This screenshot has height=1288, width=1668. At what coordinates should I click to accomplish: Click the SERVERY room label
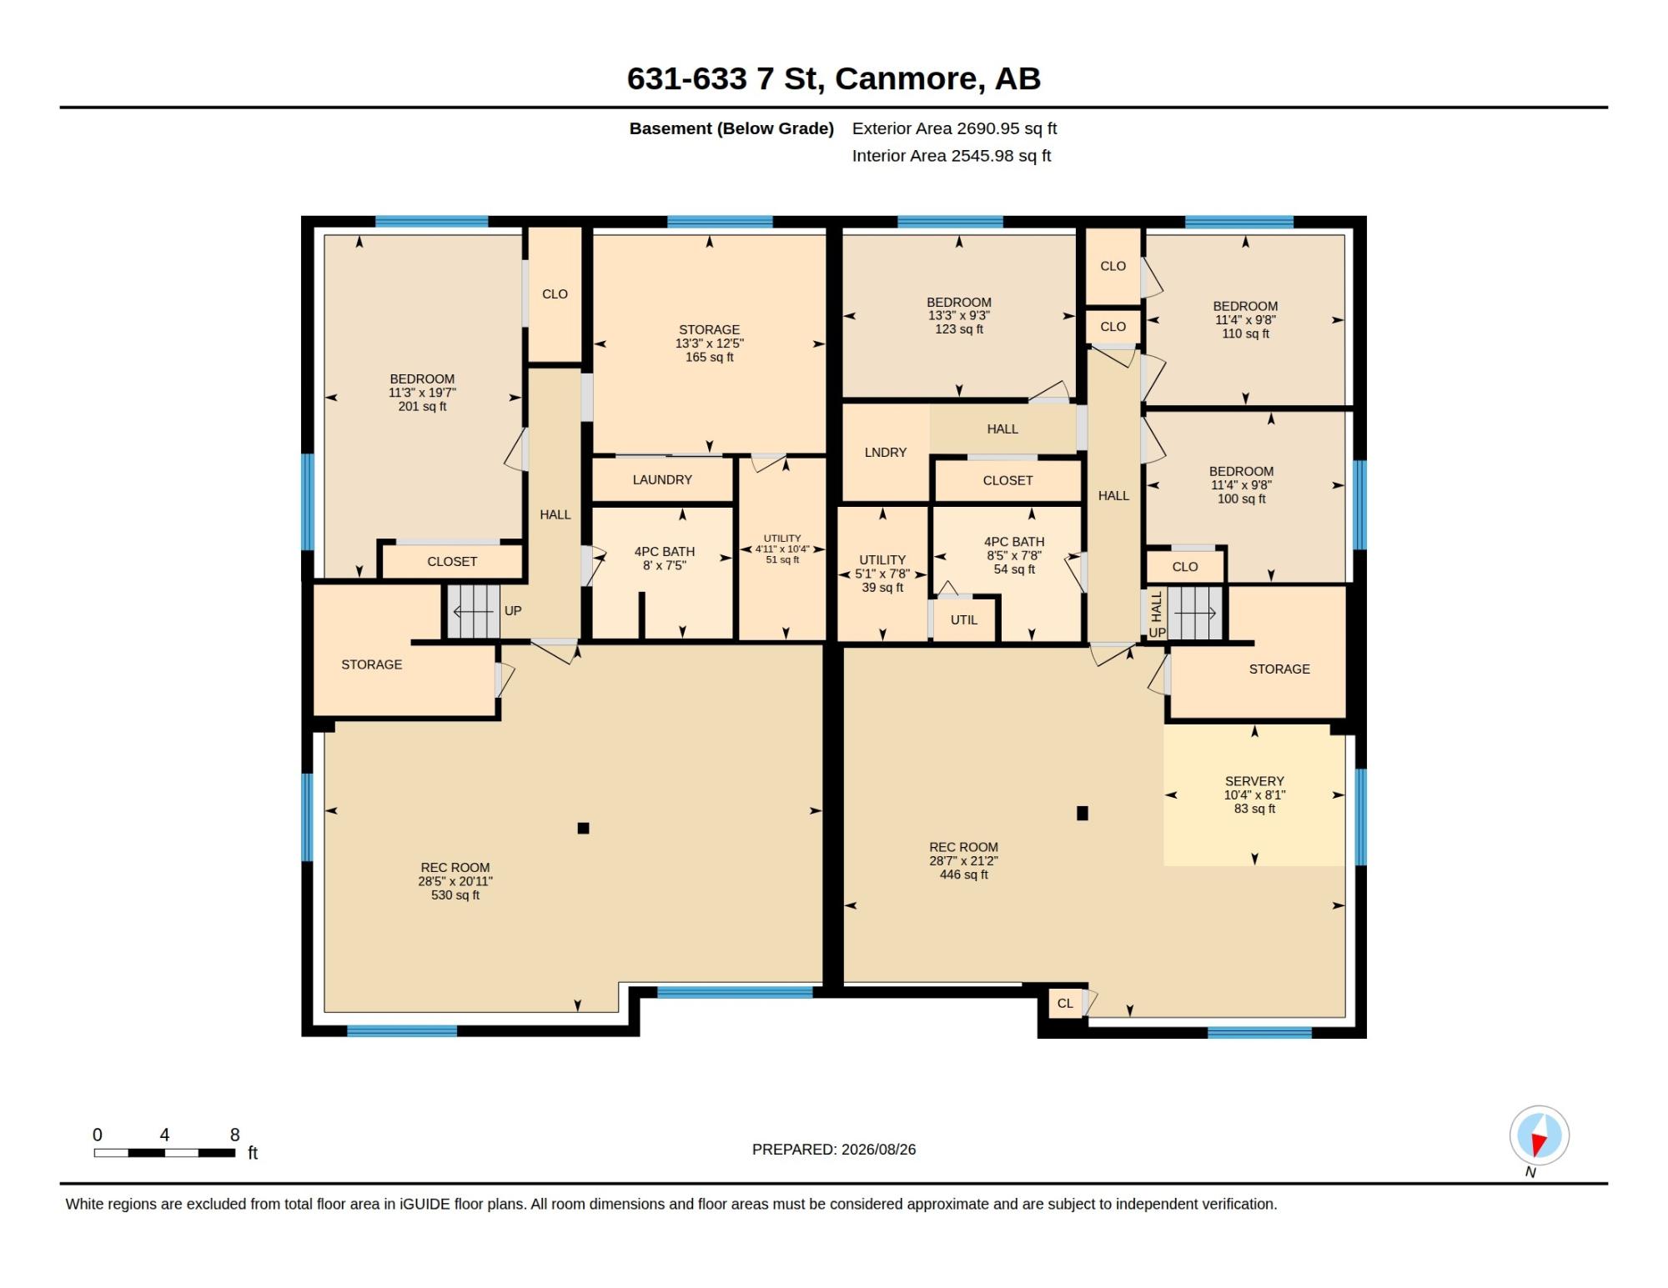(1254, 794)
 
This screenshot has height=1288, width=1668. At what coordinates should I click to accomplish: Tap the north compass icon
(1539, 1135)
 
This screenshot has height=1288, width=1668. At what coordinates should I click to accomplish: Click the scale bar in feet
(164, 1153)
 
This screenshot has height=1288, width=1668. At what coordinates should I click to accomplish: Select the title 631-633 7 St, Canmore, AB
(834, 78)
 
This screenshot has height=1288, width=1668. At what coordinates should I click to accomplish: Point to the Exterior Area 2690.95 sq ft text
(954, 128)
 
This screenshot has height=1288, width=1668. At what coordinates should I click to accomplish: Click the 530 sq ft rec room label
(455, 881)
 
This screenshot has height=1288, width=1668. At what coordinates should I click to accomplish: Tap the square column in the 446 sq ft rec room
(1083, 813)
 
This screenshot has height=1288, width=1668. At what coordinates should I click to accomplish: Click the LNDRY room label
(885, 453)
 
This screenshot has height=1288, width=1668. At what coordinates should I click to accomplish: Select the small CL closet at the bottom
(1065, 1003)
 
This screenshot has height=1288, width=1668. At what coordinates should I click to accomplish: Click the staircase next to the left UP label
(473, 612)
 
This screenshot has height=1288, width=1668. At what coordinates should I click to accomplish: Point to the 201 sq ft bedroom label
(422, 393)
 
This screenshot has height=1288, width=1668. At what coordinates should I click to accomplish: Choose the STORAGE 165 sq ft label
(709, 343)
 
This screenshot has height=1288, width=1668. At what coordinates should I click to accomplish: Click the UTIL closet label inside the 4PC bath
(963, 620)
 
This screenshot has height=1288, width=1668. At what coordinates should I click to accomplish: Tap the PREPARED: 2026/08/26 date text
(834, 1150)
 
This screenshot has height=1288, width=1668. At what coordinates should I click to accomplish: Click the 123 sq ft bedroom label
(959, 316)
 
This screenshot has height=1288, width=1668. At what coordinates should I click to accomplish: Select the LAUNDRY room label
(662, 480)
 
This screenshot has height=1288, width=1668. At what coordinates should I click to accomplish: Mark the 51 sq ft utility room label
(782, 549)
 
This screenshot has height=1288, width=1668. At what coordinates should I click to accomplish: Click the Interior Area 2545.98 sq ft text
(951, 156)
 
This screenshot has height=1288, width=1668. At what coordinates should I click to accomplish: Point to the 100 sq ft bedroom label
(1241, 485)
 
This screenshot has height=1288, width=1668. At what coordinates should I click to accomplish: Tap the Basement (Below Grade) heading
(731, 128)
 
